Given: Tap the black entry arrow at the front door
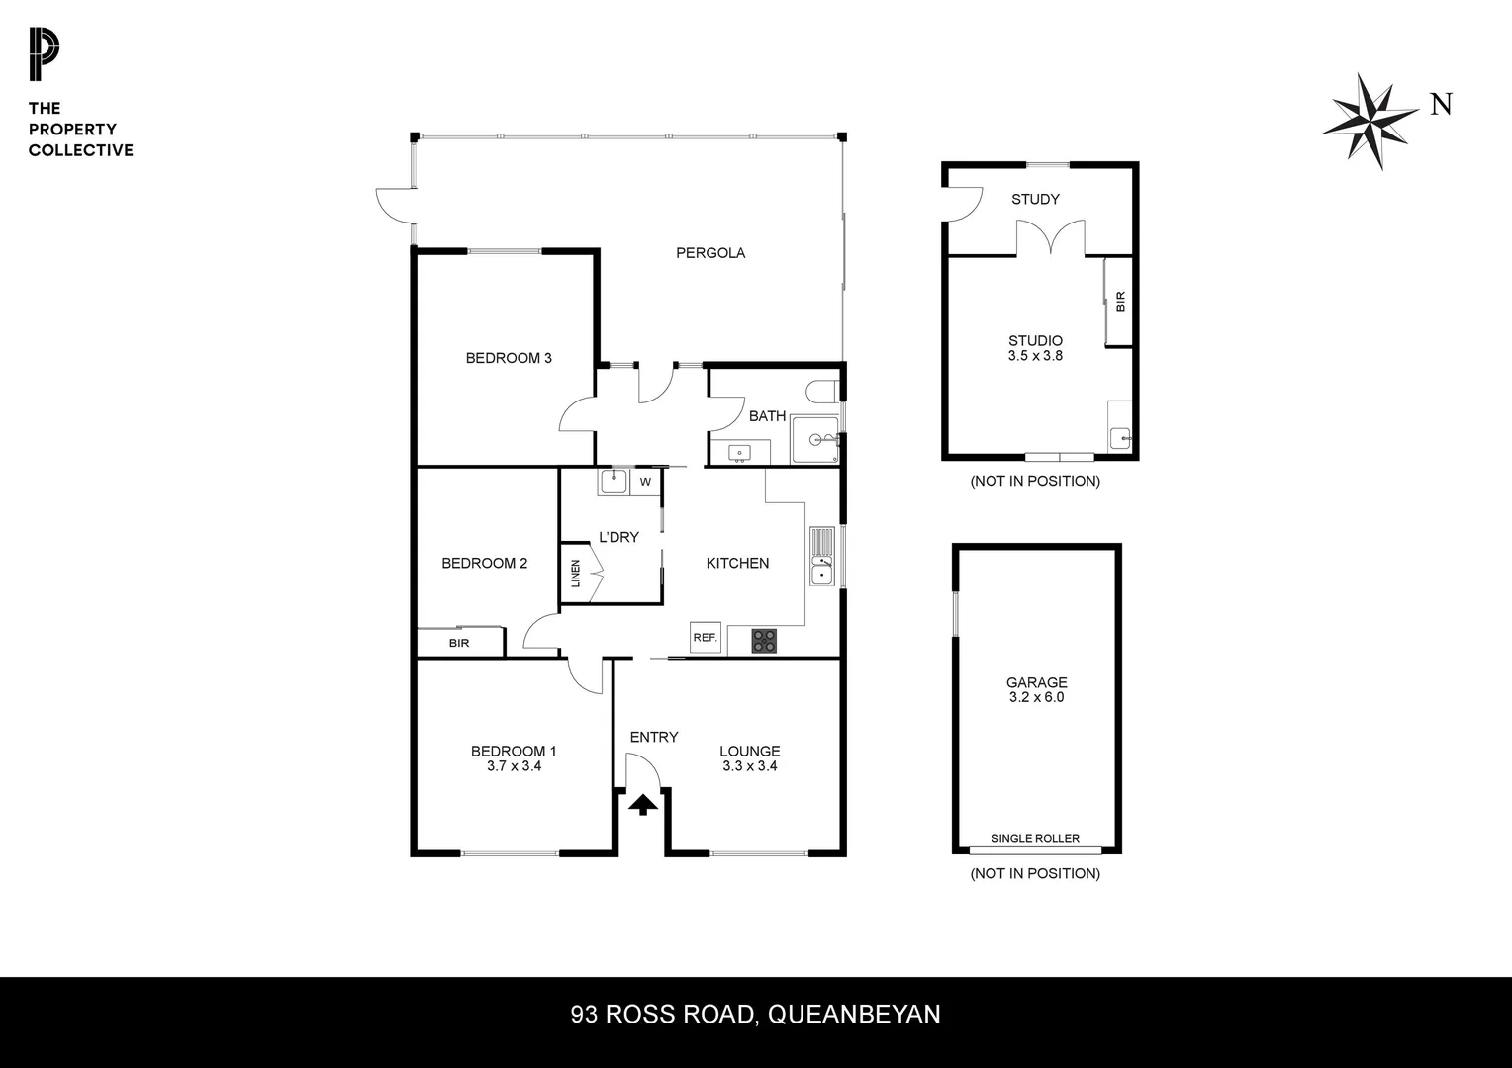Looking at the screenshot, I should [x=643, y=805].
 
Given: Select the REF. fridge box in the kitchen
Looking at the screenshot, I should [x=705, y=638].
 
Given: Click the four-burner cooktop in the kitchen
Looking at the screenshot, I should [x=764, y=641].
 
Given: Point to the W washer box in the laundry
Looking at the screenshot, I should [x=645, y=483].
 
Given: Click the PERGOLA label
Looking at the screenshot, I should [x=710, y=253].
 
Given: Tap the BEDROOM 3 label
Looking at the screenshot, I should [x=509, y=358].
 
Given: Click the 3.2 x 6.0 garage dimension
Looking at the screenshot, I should [x=1036, y=697].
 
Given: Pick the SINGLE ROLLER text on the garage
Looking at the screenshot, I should [x=1035, y=839].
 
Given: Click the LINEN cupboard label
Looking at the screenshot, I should [x=576, y=574].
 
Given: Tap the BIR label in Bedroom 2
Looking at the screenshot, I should [x=459, y=644].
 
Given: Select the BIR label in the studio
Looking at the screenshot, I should [x=1120, y=302].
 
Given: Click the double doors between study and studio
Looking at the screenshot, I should [x=1051, y=238].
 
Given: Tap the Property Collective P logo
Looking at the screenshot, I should [x=44, y=55].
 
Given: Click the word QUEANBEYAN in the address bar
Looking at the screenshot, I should [x=854, y=1015].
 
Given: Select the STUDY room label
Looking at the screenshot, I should [x=1035, y=200].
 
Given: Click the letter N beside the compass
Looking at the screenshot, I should [x=1441, y=104].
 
